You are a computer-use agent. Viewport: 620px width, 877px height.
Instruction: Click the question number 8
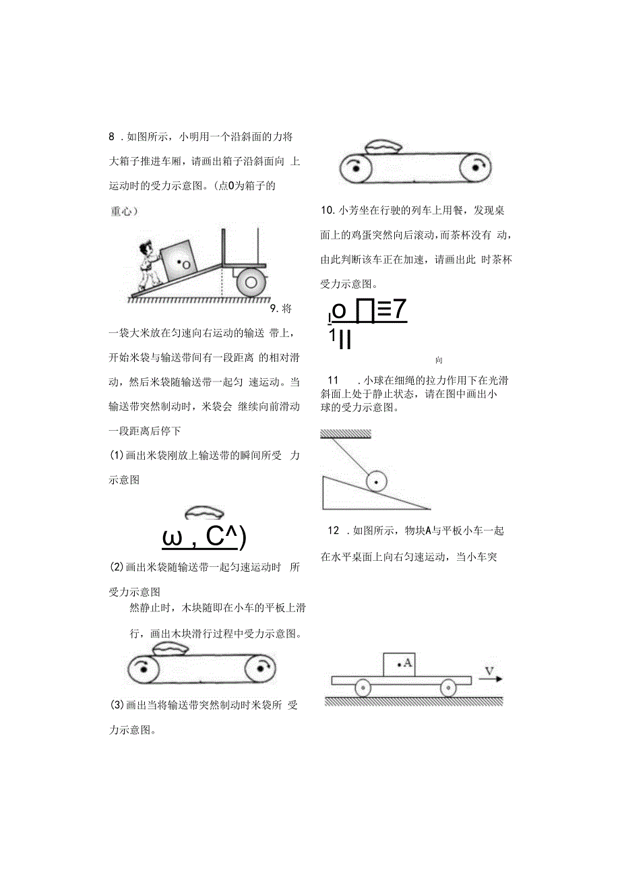[112, 137]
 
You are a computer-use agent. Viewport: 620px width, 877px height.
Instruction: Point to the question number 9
[275, 309]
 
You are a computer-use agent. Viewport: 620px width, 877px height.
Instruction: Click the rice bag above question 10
[382, 146]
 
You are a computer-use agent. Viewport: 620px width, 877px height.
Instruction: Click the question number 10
[328, 211]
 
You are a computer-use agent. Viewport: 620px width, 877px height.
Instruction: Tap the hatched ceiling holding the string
[346, 433]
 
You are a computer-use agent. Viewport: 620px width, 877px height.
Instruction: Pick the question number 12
[334, 531]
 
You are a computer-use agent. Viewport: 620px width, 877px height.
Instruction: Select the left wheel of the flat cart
[363, 688]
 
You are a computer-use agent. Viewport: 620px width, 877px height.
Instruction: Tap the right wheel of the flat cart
[447, 688]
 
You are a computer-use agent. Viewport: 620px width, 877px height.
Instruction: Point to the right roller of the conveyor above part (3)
[259, 670]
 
